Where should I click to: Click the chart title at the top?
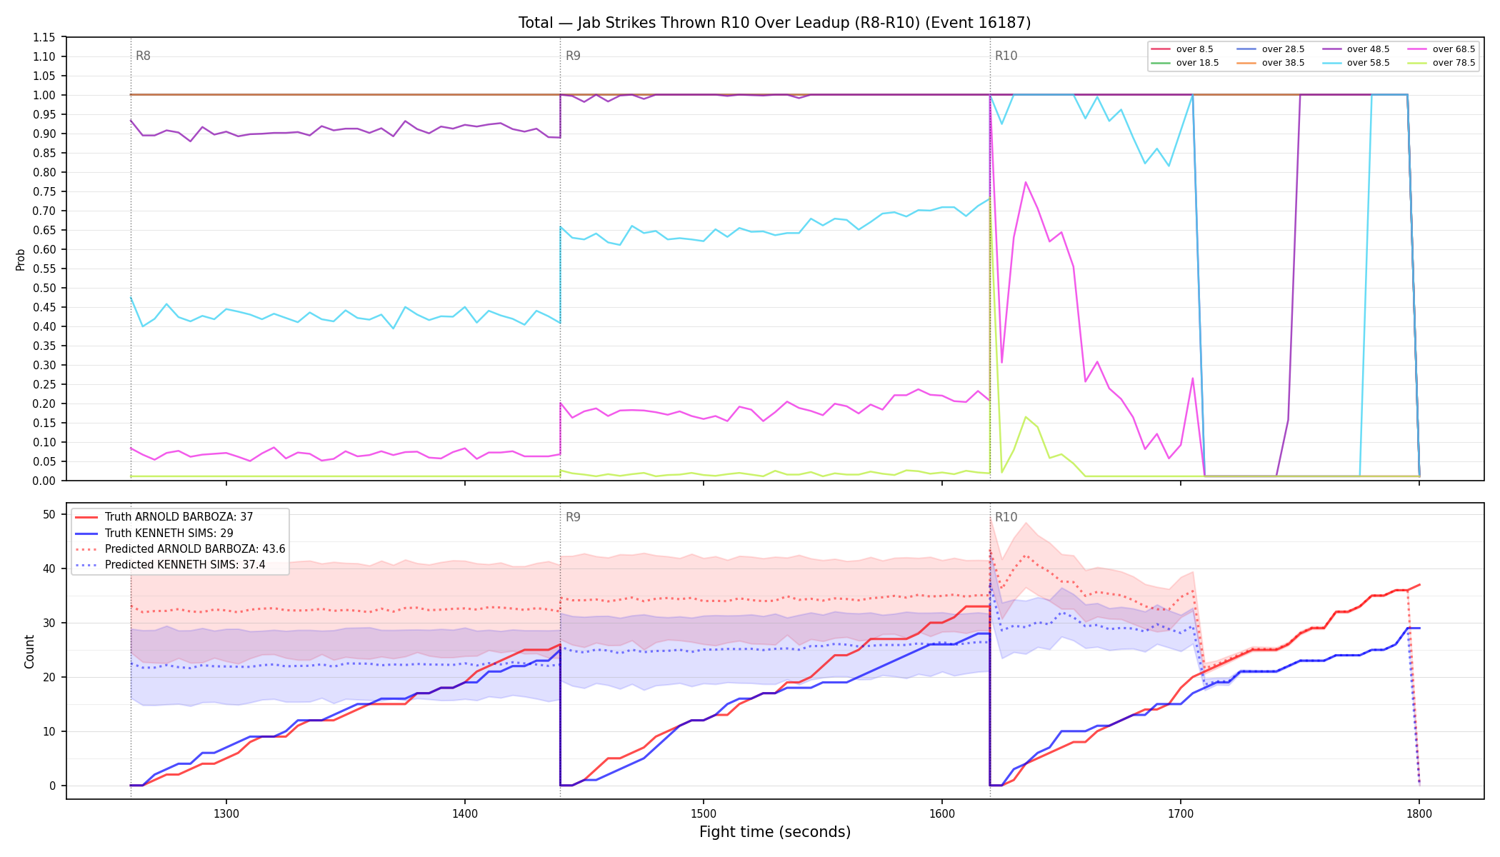coord(775,23)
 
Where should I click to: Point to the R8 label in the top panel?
coord(143,56)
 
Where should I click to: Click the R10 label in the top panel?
coord(1006,56)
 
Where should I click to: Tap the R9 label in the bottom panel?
coord(573,517)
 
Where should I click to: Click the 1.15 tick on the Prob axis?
coord(44,37)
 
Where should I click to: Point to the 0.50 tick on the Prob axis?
coord(44,288)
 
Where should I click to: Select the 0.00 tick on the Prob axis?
coord(44,481)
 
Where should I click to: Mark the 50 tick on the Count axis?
coord(49,514)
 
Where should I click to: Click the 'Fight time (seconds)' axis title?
coord(775,832)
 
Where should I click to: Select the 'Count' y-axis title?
coord(29,651)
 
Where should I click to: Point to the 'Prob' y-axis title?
coord(21,259)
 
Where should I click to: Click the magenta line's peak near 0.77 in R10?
coord(1026,182)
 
